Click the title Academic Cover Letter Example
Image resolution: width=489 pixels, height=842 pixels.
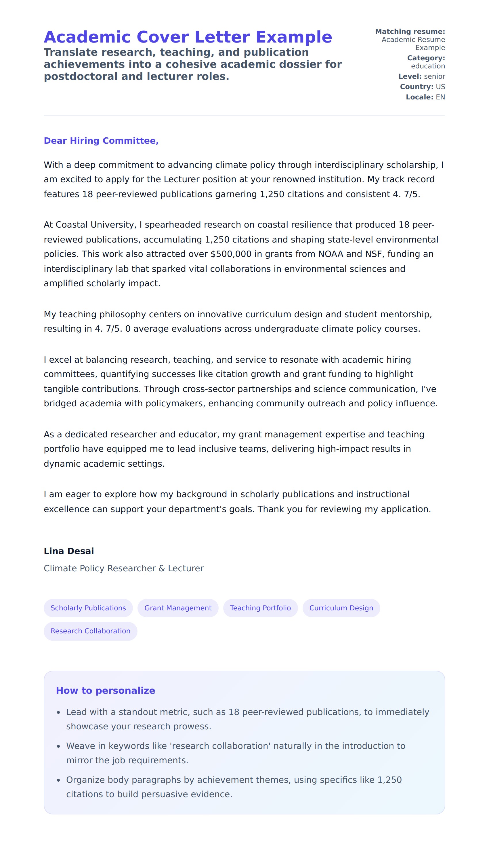click(188, 37)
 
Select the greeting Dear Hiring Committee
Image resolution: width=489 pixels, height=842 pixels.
click(101, 141)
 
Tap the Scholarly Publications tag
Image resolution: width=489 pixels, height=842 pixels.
click(88, 608)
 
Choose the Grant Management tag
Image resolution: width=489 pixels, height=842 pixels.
click(178, 608)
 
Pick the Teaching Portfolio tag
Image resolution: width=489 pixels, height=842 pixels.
click(260, 608)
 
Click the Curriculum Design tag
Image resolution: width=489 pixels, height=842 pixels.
click(341, 608)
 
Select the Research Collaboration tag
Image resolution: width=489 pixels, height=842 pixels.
click(90, 631)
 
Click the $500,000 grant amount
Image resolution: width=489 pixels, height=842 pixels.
click(231, 254)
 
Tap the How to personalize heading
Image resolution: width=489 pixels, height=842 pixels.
click(105, 690)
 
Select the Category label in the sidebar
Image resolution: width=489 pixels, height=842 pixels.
click(426, 58)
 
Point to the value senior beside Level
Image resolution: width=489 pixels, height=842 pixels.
click(434, 76)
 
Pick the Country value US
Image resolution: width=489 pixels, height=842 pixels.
click(440, 87)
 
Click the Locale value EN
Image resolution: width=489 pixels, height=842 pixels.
click(440, 97)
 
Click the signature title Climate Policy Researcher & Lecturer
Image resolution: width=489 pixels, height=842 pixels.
click(123, 568)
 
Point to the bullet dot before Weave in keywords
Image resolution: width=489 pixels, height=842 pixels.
click(58, 746)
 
